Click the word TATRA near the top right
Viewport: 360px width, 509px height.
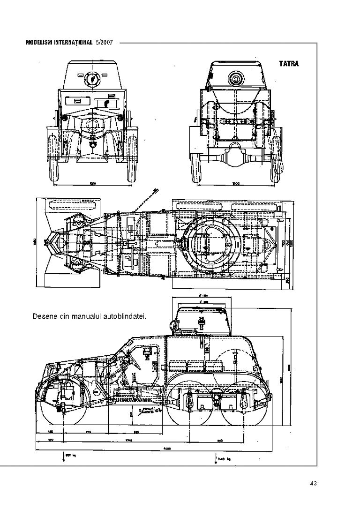tap(289, 64)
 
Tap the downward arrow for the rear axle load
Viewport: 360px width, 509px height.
tap(216, 457)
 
